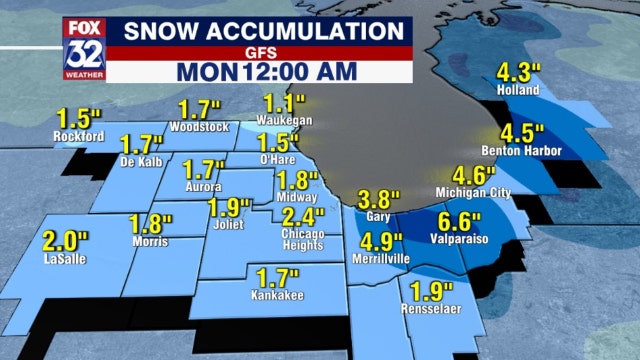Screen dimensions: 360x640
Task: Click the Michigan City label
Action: pyautogui.click(x=473, y=191)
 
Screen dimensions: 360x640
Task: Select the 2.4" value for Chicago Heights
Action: pyautogui.click(x=303, y=217)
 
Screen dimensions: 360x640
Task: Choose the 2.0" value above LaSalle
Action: pyautogui.click(x=65, y=240)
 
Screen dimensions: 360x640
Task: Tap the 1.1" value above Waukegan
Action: pyautogui.click(x=284, y=102)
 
